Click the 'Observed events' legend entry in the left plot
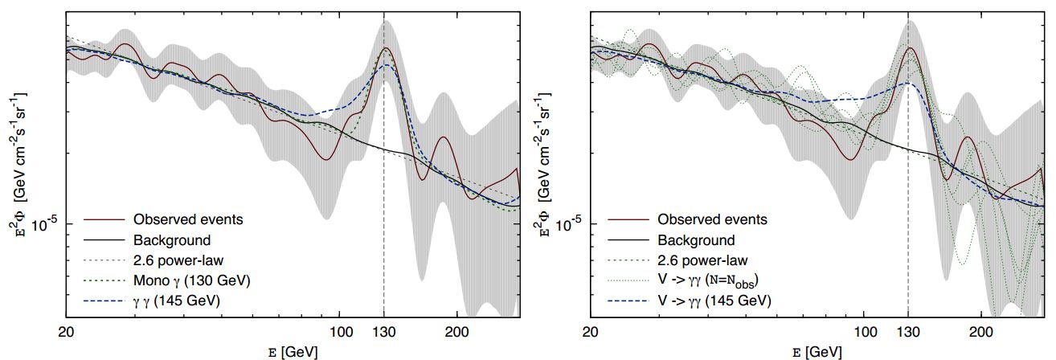tap(188, 219)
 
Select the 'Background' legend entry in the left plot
tap(172, 239)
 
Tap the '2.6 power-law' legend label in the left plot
tap(178, 260)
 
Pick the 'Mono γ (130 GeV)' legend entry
tap(190, 280)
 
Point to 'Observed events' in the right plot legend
tap(712, 219)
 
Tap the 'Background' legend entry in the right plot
tap(696, 239)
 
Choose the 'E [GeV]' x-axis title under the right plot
tap(817, 351)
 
